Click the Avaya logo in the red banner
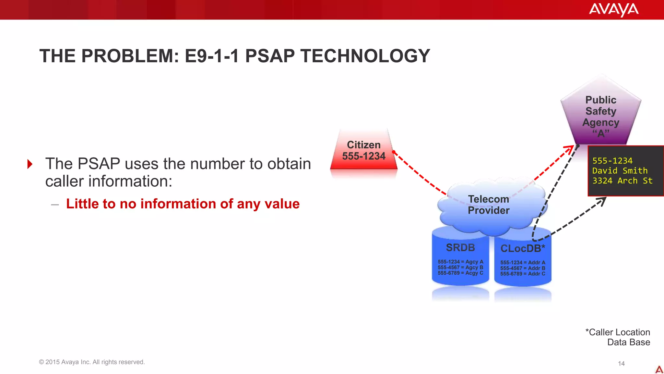tap(613, 9)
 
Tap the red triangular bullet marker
tap(30, 164)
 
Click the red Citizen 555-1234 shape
tap(364, 151)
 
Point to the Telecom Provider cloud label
tap(489, 205)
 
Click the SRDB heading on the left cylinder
tap(460, 248)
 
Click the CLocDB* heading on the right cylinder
tap(523, 249)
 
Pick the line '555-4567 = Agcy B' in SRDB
tap(460, 268)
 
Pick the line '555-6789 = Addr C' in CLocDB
tap(523, 274)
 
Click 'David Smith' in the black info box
tap(620, 171)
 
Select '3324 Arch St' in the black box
tap(622, 181)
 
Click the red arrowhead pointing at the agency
tap(569, 150)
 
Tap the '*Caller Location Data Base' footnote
tap(618, 337)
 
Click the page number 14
tap(621, 364)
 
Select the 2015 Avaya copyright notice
tap(92, 362)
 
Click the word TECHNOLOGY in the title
tap(365, 56)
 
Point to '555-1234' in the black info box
tap(612, 161)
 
